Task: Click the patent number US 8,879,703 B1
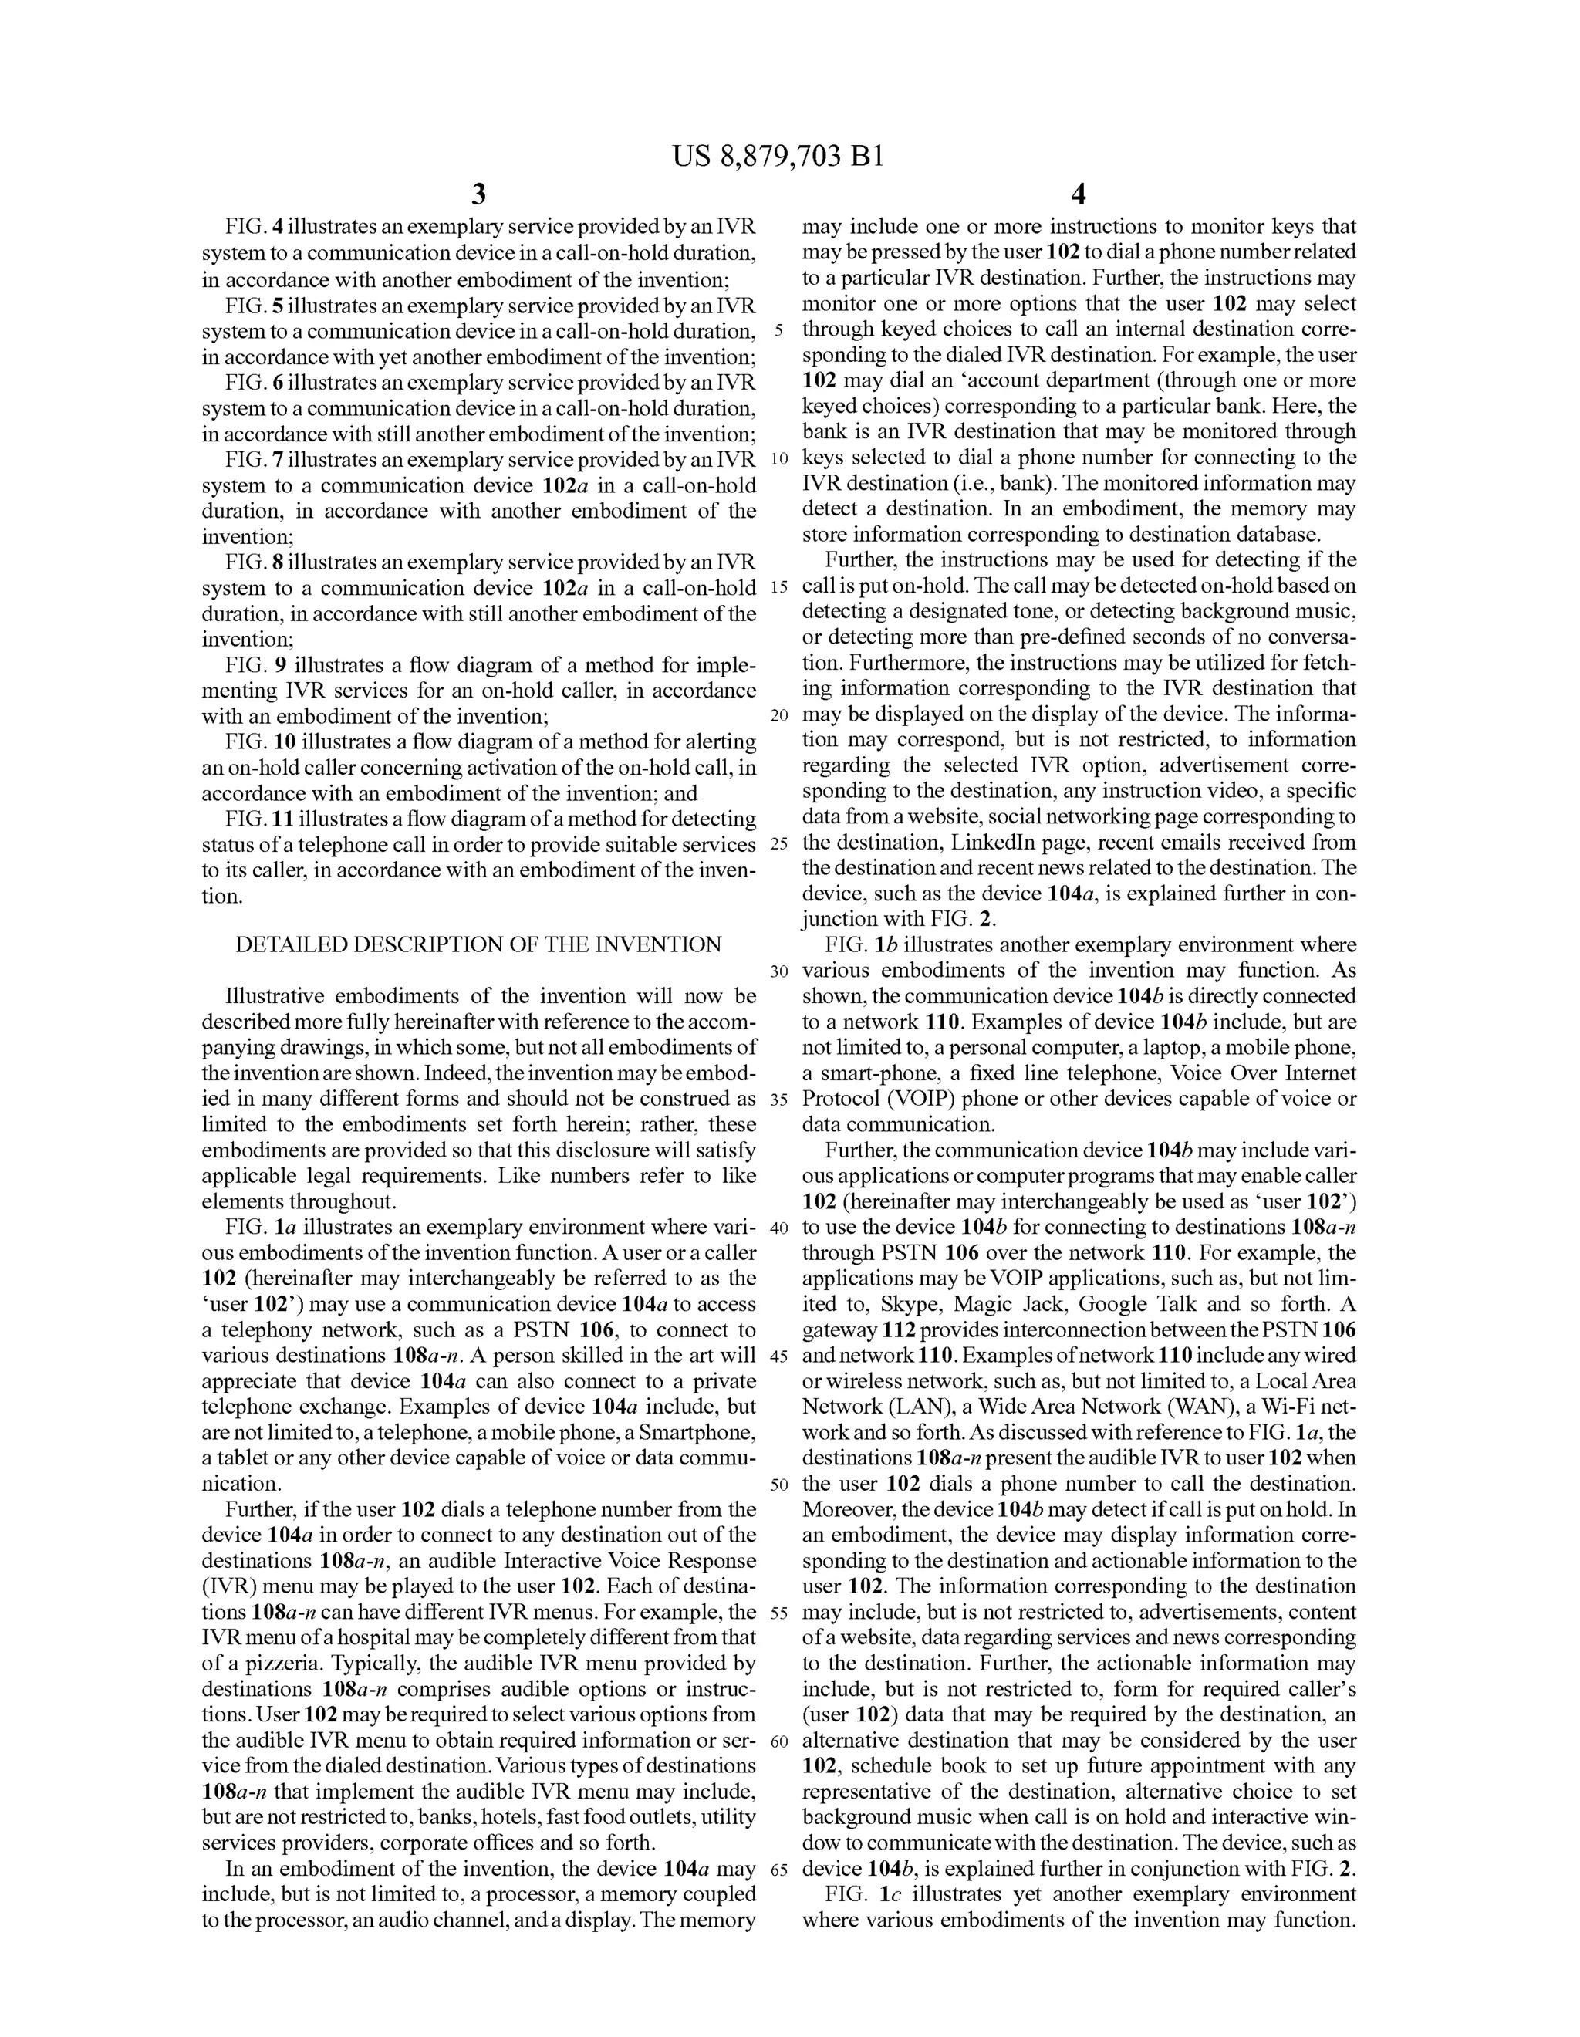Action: pyautogui.click(x=777, y=157)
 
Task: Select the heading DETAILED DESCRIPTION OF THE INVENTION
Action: pyautogui.click(x=478, y=945)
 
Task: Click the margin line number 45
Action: pyautogui.click(x=780, y=1356)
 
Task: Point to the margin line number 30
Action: pyautogui.click(x=780, y=971)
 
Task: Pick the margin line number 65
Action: pyautogui.click(x=780, y=1870)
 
